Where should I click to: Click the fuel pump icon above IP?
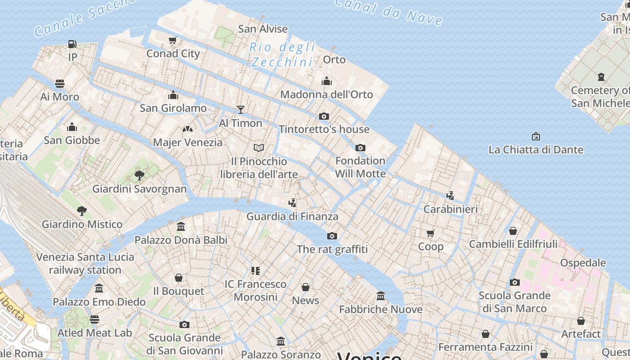coord(72,44)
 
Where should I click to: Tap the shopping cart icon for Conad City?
coord(172,40)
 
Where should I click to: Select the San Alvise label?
coord(263,29)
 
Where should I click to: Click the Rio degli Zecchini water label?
coord(283,54)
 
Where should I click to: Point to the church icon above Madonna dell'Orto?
coord(327,81)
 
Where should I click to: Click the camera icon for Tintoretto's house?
coord(324,116)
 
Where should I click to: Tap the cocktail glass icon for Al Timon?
coord(241,109)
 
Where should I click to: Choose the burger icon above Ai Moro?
coord(60,84)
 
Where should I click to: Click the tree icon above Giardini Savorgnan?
coord(139,175)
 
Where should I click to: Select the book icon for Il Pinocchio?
coord(259,148)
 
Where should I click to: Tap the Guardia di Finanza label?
coord(292,216)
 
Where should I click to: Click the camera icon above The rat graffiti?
coord(332,236)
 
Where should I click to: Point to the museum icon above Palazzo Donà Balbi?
coord(181,226)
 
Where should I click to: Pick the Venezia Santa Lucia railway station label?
coord(85,263)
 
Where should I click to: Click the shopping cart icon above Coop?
coord(431,233)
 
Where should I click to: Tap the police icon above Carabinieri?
coord(450,196)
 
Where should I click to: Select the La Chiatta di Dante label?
coord(535,149)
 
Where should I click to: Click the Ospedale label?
coord(583,262)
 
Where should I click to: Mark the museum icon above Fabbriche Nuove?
coord(381,296)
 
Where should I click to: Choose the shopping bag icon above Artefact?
coord(581,321)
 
